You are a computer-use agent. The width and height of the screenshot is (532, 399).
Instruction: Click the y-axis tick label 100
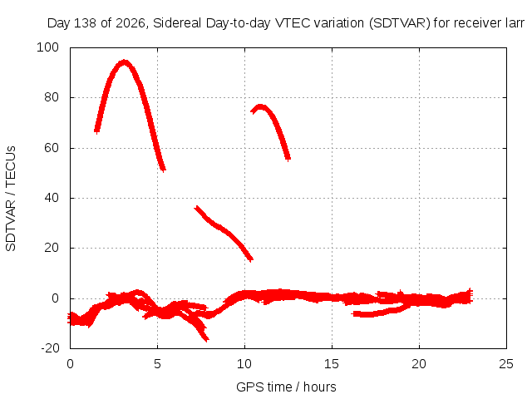tap(47, 47)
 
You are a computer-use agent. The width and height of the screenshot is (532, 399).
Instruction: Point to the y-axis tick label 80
tap(52, 98)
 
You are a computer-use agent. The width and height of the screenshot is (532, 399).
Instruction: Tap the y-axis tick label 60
tap(52, 148)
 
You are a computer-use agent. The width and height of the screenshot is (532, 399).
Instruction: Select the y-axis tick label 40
tap(52, 198)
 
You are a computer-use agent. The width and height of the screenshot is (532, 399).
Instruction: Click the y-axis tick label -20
tap(50, 348)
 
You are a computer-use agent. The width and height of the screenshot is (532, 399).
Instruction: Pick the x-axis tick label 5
tap(157, 364)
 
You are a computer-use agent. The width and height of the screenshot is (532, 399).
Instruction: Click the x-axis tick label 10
tap(244, 364)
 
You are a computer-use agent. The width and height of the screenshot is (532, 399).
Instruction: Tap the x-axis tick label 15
tap(332, 364)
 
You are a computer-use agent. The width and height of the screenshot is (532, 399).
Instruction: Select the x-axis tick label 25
tap(506, 364)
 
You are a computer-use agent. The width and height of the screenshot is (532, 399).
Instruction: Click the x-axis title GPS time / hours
tap(286, 387)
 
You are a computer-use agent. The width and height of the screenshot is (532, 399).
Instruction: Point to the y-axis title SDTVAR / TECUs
tap(11, 199)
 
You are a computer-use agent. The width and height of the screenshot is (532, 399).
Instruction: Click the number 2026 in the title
tap(131, 23)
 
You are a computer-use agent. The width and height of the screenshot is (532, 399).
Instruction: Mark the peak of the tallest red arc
tap(124, 62)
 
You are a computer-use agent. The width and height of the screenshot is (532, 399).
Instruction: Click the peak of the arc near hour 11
tap(260, 106)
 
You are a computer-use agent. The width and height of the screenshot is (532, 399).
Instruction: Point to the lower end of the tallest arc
tap(164, 170)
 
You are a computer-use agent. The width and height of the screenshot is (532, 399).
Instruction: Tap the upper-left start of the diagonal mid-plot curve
tap(196, 207)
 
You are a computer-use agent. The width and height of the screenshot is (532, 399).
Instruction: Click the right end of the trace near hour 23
tap(471, 295)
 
